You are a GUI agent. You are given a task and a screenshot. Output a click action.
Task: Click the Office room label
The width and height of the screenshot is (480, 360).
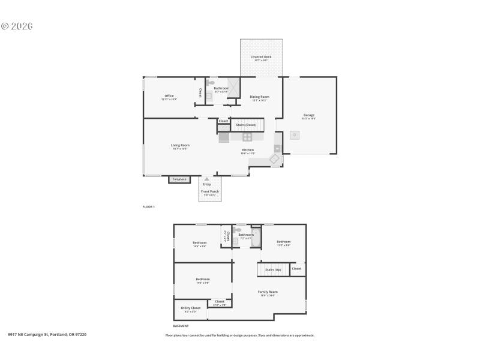click(169, 96)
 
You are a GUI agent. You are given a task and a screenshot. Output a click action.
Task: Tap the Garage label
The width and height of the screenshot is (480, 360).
click(308, 115)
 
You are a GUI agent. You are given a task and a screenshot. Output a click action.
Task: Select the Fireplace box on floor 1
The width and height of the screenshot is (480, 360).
click(179, 179)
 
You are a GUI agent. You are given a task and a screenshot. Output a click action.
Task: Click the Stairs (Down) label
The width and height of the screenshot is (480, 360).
click(246, 125)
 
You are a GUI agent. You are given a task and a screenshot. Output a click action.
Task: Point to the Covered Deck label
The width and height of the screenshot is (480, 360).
click(261, 57)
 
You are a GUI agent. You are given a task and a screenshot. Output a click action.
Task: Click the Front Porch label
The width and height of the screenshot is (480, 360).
click(209, 191)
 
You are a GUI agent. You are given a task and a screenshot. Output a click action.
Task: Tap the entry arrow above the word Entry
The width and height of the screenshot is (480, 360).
click(206, 179)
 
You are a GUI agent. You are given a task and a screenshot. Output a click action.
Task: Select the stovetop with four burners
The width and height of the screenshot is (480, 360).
click(247, 136)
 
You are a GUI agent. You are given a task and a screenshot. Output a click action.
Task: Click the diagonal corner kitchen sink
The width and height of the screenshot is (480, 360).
click(274, 159)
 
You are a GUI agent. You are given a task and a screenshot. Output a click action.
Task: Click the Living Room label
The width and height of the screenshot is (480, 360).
click(180, 145)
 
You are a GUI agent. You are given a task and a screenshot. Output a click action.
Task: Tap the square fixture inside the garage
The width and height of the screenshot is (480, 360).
click(294, 135)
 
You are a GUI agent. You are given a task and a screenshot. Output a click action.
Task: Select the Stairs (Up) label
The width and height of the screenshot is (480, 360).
click(273, 269)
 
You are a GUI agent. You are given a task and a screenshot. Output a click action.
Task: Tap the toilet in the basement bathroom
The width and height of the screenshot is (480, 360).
click(238, 230)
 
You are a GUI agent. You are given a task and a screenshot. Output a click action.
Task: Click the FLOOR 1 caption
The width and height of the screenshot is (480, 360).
click(148, 206)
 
